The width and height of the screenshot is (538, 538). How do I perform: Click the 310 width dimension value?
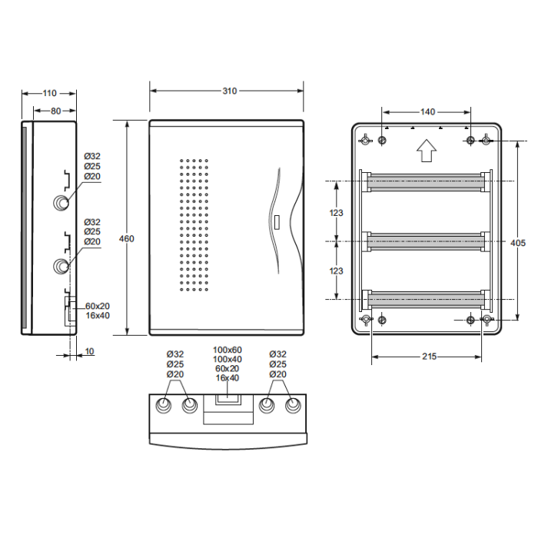(x=230, y=91)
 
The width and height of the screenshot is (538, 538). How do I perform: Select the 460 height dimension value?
(x=127, y=238)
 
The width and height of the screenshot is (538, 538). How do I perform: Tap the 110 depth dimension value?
(x=49, y=93)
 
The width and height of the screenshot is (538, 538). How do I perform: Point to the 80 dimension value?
(x=56, y=111)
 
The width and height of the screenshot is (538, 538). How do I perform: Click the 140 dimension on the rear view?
(x=427, y=112)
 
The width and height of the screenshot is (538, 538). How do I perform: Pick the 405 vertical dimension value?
(x=518, y=243)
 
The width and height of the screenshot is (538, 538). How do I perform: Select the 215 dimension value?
(x=429, y=357)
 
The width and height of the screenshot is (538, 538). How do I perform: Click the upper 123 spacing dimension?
(x=337, y=213)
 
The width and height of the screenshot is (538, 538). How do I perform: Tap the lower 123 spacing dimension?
(x=337, y=271)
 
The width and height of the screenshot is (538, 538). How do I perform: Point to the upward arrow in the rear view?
(x=427, y=151)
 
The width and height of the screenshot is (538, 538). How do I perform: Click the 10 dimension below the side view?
(x=89, y=351)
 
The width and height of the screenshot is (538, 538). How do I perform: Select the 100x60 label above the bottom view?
(x=227, y=350)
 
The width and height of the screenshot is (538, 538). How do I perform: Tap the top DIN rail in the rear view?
(x=426, y=182)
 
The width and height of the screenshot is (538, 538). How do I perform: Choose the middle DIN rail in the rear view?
(x=426, y=241)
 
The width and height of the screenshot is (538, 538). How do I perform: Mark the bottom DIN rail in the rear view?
(x=426, y=299)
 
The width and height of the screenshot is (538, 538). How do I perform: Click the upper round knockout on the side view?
(x=61, y=203)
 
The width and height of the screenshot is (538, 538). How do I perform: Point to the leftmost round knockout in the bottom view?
(x=164, y=406)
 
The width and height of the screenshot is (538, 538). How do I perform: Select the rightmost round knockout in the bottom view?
(x=293, y=406)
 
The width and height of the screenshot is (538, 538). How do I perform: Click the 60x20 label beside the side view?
(x=98, y=306)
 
